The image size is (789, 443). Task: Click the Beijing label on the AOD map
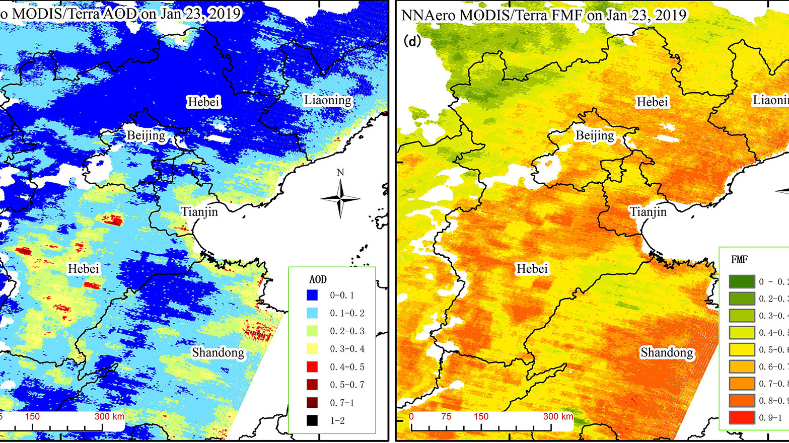point(146,135)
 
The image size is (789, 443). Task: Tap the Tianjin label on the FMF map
point(648,212)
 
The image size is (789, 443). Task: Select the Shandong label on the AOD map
point(218,352)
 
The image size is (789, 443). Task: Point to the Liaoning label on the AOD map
point(327,100)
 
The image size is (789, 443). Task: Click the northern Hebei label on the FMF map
point(652,102)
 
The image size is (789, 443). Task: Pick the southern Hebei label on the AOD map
point(84,269)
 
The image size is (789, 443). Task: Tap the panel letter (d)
point(412,41)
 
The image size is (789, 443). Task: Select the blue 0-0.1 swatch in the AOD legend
point(312,295)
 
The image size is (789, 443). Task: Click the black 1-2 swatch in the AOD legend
point(312,420)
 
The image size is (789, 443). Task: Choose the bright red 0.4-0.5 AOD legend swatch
point(312,367)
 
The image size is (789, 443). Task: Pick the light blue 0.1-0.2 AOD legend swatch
point(312,313)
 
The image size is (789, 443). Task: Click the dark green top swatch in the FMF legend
point(742,281)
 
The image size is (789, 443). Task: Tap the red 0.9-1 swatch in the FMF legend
point(742,417)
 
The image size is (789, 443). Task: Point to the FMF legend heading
point(739,260)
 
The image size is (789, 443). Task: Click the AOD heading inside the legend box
point(318,279)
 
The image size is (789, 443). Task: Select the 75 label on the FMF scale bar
point(446,416)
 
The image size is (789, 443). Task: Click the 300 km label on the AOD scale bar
point(109,416)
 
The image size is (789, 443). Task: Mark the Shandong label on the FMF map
point(666,352)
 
